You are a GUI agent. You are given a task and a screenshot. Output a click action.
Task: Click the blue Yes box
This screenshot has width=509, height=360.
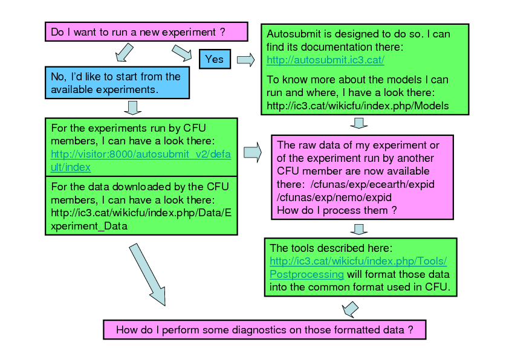(x=214, y=59)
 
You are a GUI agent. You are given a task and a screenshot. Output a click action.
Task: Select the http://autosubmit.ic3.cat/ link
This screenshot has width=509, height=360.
(x=325, y=60)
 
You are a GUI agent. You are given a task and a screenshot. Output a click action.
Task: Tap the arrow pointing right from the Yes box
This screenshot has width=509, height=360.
(x=245, y=59)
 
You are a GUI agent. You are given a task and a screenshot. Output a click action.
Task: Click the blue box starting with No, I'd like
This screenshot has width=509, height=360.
(x=117, y=83)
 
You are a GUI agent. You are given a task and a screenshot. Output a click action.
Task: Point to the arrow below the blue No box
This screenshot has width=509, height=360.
(x=132, y=108)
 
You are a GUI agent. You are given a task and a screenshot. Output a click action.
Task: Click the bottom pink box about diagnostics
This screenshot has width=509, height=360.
(x=265, y=330)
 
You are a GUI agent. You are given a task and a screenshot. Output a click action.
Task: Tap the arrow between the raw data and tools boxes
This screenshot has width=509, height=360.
(x=360, y=229)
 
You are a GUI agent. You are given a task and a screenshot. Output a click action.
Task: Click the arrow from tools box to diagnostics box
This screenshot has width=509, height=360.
(x=350, y=309)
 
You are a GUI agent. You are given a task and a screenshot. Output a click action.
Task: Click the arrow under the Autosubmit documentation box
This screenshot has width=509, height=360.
(x=360, y=123)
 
